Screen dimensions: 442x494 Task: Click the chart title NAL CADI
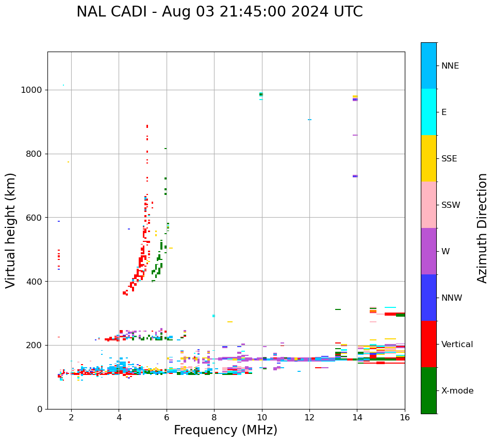[x=219, y=12]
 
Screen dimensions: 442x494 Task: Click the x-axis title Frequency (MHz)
[x=225, y=430]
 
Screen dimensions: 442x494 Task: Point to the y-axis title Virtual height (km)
[x=11, y=230]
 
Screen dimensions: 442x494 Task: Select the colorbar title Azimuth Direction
[x=482, y=228]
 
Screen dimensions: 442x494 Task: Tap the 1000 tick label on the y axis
[x=32, y=90]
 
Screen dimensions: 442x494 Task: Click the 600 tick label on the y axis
[x=35, y=218]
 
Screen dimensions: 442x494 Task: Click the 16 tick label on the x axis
[x=405, y=417]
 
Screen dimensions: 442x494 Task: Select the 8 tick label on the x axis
[x=214, y=417]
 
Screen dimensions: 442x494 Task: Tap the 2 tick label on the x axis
[x=71, y=417]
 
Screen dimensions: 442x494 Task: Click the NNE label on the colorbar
[x=450, y=66]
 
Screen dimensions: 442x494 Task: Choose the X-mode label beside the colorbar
[x=457, y=391]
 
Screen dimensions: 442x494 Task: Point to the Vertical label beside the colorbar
[x=457, y=345]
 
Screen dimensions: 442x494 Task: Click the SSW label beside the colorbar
[x=451, y=205]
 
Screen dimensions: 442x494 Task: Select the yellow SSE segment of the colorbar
[x=429, y=158]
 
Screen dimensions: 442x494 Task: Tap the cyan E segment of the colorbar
[x=429, y=112]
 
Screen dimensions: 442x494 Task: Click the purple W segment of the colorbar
[x=429, y=251]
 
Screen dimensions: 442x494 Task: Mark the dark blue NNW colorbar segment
[x=429, y=298]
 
